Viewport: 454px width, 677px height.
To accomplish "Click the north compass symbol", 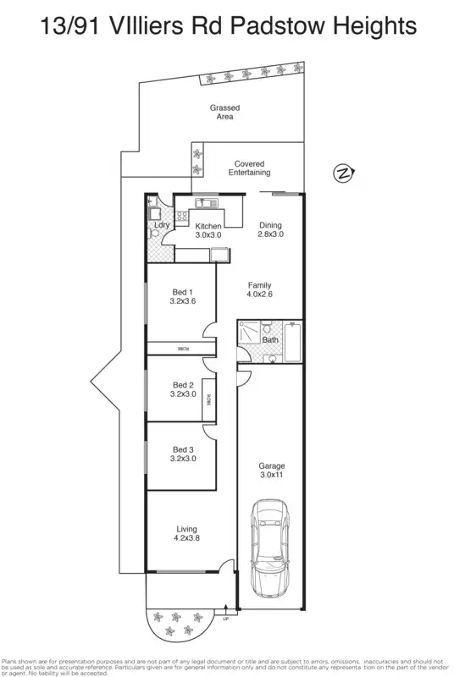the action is click(343, 173).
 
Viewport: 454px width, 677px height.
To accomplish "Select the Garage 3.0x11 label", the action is click(272, 471).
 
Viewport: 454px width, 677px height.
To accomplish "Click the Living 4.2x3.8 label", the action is click(186, 534).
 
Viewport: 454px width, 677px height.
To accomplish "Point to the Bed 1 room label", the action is click(183, 297).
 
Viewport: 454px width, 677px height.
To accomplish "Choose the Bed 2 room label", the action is click(183, 389).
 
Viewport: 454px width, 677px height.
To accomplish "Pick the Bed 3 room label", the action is click(183, 454).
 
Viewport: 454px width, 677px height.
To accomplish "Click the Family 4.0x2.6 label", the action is click(260, 289).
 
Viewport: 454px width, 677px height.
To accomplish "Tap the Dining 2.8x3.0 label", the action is click(270, 229).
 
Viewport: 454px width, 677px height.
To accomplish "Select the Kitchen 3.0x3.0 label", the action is click(208, 230).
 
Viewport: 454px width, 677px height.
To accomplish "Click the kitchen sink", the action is click(207, 203).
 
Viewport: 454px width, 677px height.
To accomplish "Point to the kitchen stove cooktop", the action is click(182, 216).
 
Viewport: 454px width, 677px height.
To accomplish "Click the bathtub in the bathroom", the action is click(292, 342).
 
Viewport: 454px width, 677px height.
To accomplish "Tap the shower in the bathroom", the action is click(249, 332).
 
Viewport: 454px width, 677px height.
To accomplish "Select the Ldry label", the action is click(162, 225).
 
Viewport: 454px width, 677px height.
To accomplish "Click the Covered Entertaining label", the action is click(249, 168).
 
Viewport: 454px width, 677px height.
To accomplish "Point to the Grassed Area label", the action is click(224, 113).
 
